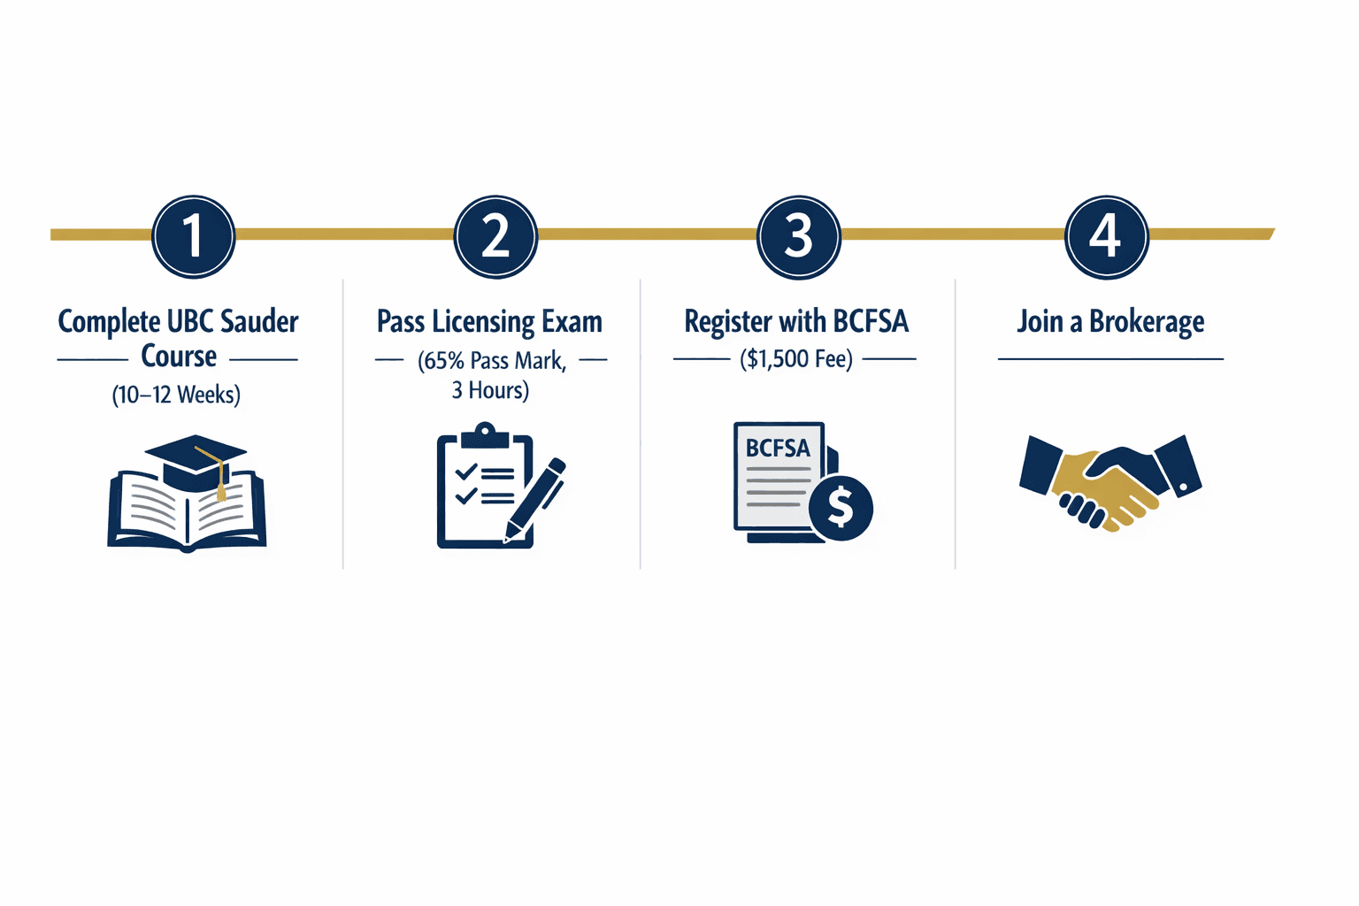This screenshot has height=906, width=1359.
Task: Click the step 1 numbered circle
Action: [193, 236]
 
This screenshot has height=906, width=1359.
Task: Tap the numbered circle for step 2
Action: [495, 236]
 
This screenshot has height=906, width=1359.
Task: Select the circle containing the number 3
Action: [798, 236]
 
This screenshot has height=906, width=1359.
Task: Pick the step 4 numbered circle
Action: [1106, 236]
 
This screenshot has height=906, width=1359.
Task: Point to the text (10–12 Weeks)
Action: [176, 395]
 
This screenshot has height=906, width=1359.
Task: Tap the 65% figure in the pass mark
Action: [444, 361]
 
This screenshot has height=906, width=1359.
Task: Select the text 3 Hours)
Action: [490, 390]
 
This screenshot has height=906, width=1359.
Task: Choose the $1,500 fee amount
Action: [778, 359]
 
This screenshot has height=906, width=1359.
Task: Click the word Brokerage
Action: [1147, 322]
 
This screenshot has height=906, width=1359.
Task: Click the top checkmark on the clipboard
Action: [465, 472]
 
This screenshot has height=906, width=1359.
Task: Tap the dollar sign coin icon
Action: [841, 507]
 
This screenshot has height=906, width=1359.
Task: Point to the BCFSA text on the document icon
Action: [778, 448]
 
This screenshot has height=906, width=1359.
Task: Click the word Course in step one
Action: [179, 357]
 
